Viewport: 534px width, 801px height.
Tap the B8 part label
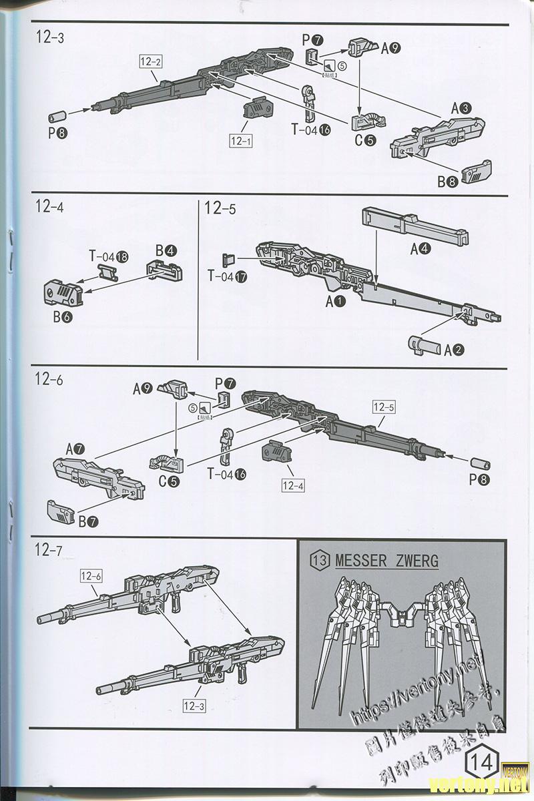[x=447, y=181]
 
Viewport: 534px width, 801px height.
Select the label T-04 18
[x=107, y=256]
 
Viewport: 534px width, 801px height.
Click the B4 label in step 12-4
[x=166, y=251]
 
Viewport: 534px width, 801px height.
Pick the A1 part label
[x=335, y=302]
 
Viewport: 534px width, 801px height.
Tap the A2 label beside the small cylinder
[x=454, y=348]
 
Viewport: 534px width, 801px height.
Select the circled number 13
[x=321, y=560]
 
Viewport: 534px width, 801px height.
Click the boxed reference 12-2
[x=151, y=62]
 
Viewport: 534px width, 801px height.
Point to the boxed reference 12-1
[x=240, y=142]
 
